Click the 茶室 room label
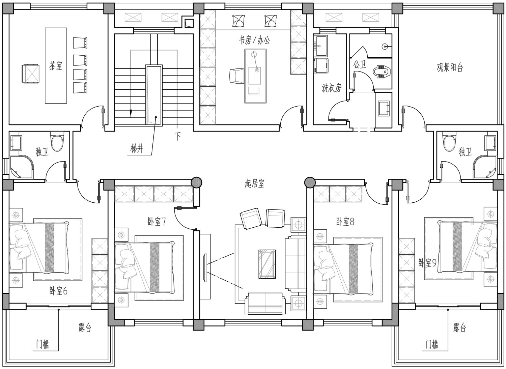55,66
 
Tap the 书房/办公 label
255,40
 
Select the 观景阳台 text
450,67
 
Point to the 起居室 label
254,183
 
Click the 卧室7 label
157,222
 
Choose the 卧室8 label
345,222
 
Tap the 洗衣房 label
332,88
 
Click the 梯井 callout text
137,149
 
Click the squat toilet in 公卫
382,72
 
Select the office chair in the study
237,76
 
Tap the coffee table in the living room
267,264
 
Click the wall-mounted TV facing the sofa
205,268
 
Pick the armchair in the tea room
30,74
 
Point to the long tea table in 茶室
56,65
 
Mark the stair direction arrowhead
131,113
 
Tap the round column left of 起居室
196,182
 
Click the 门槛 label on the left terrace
43,345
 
